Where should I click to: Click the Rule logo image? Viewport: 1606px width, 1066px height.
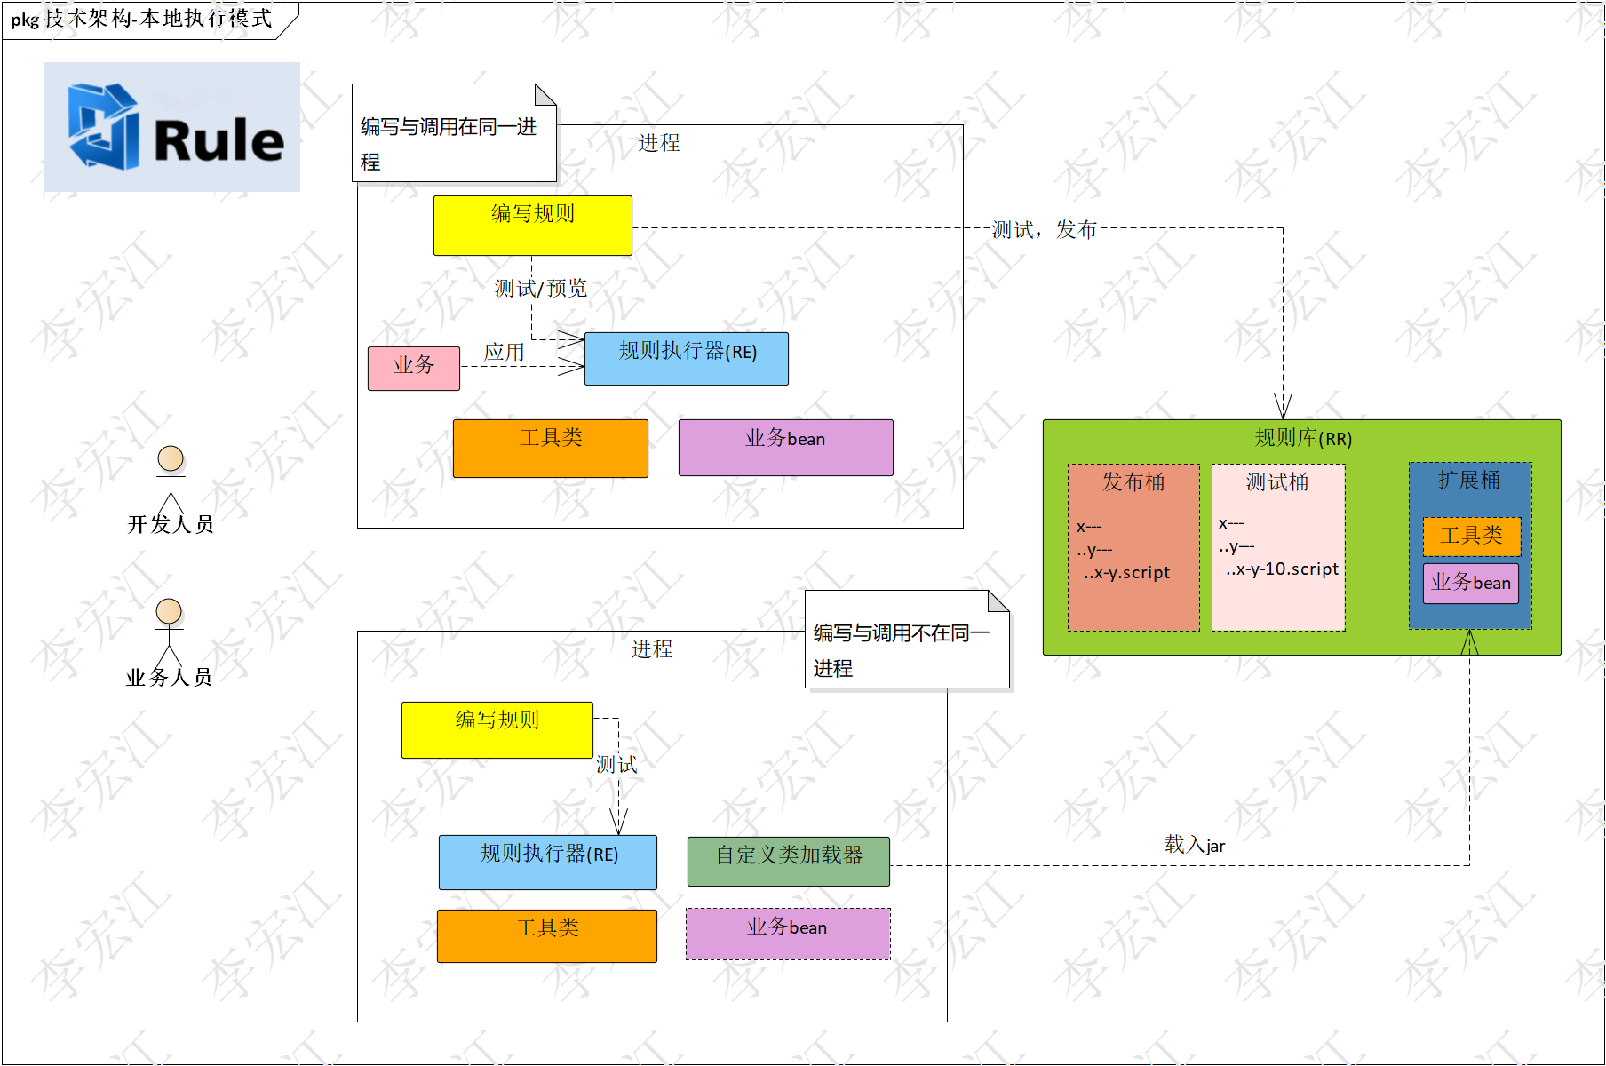pos(172,127)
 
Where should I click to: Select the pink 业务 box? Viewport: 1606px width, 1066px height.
pos(414,368)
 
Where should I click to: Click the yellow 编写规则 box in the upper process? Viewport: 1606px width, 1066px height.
pos(533,226)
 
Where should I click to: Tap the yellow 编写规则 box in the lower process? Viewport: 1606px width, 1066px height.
pos(497,730)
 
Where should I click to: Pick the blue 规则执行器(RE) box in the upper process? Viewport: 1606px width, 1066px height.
pos(687,359)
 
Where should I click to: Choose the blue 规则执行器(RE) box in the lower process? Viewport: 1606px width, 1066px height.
pos(548,863)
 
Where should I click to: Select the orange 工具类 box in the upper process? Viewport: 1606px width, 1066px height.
pos(551,449)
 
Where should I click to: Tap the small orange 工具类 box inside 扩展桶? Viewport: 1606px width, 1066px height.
pos(1472,536)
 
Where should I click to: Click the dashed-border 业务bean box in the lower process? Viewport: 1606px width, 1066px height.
pos(788,934)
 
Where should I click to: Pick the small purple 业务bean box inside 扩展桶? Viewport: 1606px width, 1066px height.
pos(1471,584)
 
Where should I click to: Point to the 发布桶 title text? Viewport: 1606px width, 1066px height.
pos(1133,481)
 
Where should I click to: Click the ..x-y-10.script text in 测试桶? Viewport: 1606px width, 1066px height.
pos(1282,569)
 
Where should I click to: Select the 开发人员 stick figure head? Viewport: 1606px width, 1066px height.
pos(171,458)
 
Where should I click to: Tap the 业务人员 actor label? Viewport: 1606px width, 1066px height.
pos(169,678)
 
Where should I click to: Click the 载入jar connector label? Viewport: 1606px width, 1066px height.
pos(1195,845)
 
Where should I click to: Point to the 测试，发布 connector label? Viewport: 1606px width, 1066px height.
pos(1045,230)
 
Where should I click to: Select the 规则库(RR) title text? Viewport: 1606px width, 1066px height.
pos(1303,438)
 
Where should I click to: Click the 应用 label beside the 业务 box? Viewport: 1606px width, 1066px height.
pos(504,352)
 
